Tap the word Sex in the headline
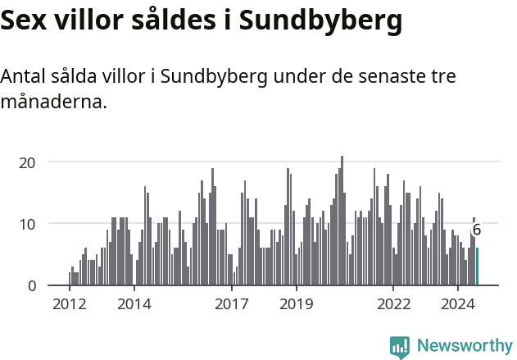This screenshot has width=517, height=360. pyautogui.click(x=25, y=21)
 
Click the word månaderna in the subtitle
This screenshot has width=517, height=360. pyautogui.click(x=53, y=103)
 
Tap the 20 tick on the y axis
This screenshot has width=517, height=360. pyautogui.click(x=28, y=162)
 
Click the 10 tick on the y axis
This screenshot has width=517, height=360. pyautogui.click(x=28, y=224)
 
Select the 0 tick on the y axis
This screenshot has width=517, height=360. pyautogui.click(x=32, y=285)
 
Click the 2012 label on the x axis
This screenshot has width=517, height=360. pyautogui.click(x=69, y=304)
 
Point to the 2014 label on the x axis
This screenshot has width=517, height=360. pyautogui.click(x=134, y=304)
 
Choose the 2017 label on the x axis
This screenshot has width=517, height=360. pyautogui.click(x=231, y=304)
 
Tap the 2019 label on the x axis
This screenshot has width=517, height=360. pyautogui.click(x=296, y=304)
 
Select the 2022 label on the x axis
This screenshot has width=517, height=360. pyautogui.click(x=393, y=304)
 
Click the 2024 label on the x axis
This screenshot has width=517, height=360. pyautogui.click(x=458, y=304)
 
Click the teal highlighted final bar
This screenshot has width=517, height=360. pyautogui.click(x=478, y=267)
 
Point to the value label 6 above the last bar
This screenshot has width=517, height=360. pyautogui.click(x=477, y=230)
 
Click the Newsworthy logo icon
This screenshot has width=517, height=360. pyautogui.click(x=400, y=347)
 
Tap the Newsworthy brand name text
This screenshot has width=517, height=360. pyautogui.click(x=465, y=346)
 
